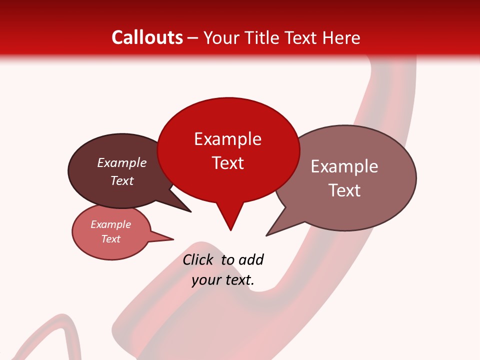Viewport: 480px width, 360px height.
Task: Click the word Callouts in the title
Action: coord(147,37)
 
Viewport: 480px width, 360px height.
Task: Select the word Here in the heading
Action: coord(340,38)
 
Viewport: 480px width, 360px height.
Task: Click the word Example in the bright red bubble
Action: coord(227,139)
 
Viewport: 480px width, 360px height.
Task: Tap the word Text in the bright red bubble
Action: coord(227,163)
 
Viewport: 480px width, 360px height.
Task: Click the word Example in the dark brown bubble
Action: coord(121,162)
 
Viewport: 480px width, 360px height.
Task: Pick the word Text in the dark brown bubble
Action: coord(121,180)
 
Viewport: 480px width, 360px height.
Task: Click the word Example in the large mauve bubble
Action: coord(344,166)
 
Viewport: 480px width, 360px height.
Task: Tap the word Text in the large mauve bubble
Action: coord(344,190)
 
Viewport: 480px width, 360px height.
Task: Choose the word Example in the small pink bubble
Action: coord(110,224)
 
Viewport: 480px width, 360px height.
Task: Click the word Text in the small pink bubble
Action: coord(110,239)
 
